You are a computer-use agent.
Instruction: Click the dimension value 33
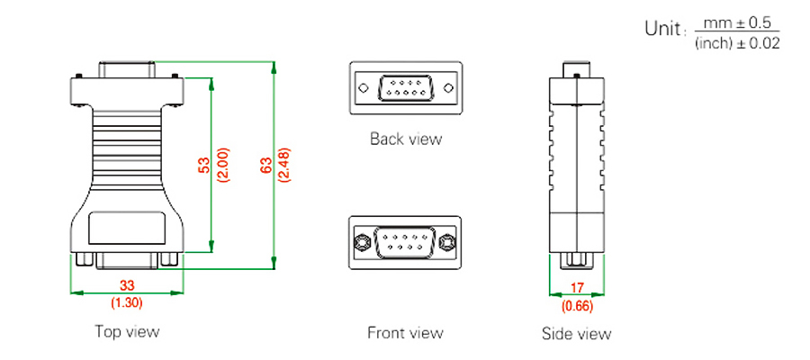click(x=127, y=285)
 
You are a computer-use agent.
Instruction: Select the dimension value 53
click(x=203, y=165)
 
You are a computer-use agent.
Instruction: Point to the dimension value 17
click(x=576, y=290)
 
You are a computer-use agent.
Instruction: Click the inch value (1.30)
click(x=127, y=303)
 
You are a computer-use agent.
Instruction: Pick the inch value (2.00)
click(x=221, y=165)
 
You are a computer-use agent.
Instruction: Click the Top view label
click(x=127, y=331)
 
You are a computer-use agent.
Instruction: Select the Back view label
click(x=406, y=139)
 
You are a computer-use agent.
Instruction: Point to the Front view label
click(x=405, y=333)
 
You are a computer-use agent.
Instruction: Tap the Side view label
click(x=576, y=334)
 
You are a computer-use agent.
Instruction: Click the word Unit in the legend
click(x=665, y=28)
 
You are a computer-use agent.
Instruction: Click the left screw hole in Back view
click(x=364, y=88)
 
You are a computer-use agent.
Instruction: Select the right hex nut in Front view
click(x=447, y=241)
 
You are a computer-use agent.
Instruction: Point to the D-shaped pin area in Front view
click(x=405, y=241)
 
